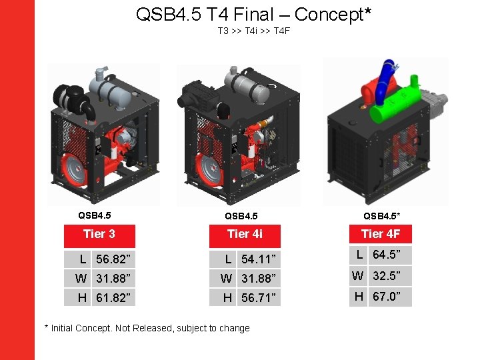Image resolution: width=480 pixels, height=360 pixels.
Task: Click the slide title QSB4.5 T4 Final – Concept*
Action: (253, 14)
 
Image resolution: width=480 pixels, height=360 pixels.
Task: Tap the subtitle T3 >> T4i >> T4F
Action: (253, 31)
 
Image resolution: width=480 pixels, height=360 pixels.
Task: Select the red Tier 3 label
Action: (99, 234)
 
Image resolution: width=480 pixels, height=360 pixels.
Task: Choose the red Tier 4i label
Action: (245, 234)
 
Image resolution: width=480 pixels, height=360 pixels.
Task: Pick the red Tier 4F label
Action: (381, 234)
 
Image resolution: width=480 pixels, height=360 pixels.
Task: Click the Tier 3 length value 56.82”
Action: (113, 259)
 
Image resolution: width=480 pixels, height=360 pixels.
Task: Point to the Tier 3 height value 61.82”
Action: (113, 297)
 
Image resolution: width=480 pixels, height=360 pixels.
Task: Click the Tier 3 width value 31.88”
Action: (113, 278)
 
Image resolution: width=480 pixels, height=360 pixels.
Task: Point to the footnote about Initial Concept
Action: (147, 328)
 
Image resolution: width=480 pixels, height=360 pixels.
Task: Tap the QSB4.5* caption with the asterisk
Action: (381, 216)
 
